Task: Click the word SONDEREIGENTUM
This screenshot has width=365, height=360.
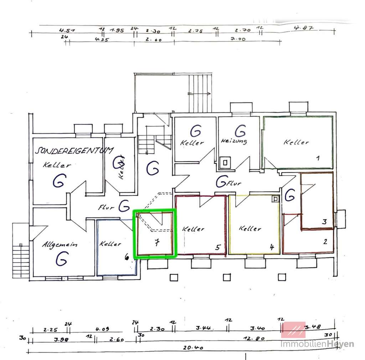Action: coord(74,151)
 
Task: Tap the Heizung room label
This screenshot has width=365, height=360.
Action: coord(234,141)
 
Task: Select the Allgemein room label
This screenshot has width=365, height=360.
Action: coord(60,245)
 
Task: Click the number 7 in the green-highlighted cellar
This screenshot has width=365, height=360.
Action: coord(156,243)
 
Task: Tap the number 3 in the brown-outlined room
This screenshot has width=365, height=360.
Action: coord(324,222)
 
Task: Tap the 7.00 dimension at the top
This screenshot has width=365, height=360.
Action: coord(238,40)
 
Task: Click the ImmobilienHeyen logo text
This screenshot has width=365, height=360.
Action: coord(317,344)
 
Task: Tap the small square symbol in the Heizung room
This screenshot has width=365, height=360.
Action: coord(225,163)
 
